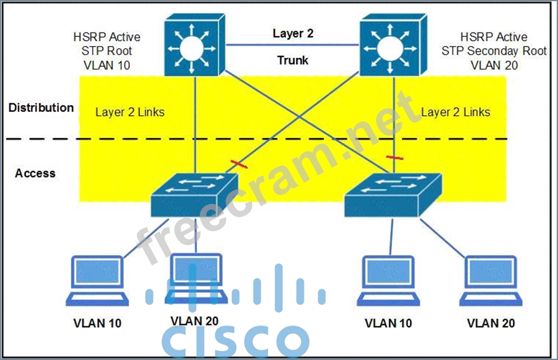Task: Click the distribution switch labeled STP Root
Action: [194, 46]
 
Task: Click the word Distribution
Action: [41, 107]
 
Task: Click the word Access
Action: [35, 173]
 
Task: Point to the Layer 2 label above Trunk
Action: [293, 34]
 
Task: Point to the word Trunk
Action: [293, 59]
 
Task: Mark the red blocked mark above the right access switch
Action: [395, 157]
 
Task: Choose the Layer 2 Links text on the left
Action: [130, 112]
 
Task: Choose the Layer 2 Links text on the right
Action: [456, 112]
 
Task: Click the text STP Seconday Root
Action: [494, 51]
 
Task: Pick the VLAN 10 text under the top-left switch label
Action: [106, 65]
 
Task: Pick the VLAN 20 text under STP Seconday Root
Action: [494, 65]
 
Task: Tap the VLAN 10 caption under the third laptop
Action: [388, 323]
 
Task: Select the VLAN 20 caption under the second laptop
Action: [194, 321]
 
